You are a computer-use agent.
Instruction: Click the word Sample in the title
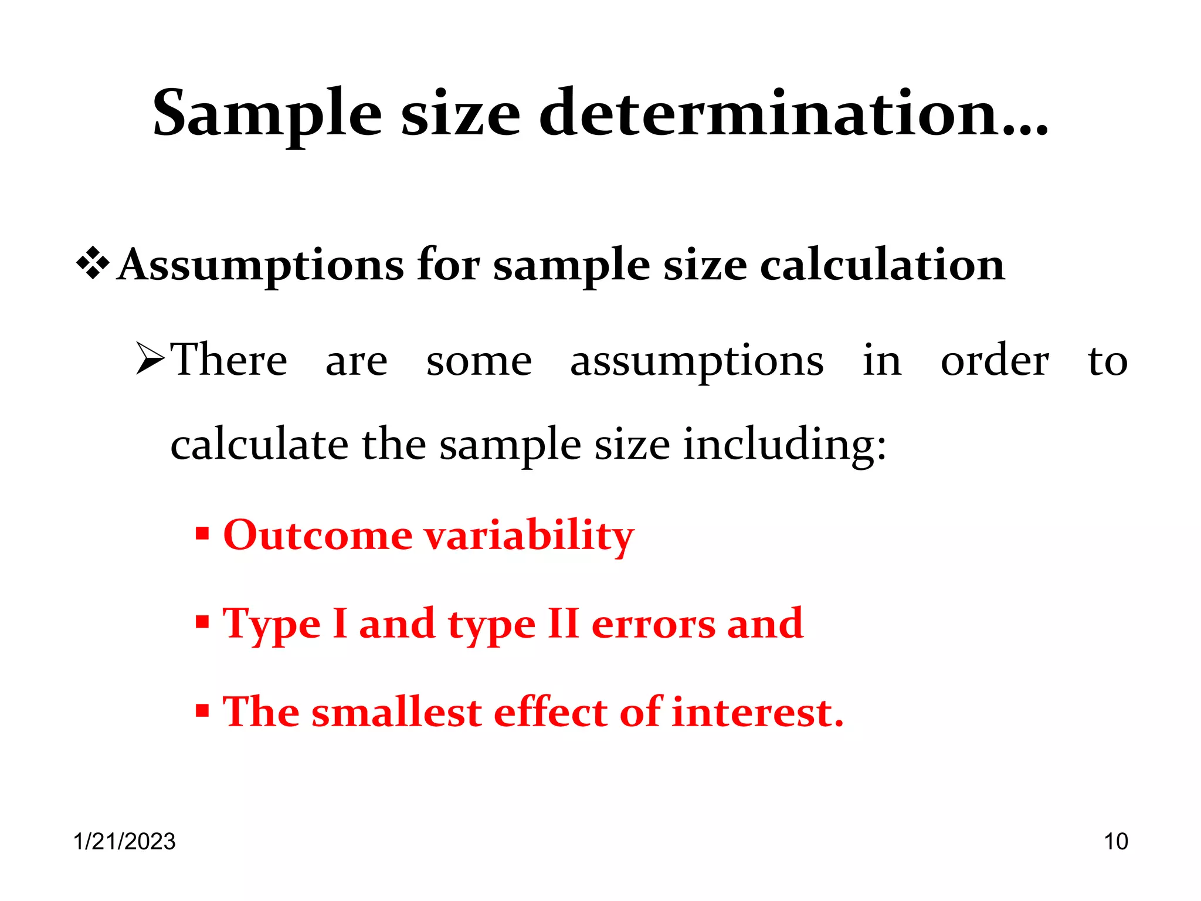267,114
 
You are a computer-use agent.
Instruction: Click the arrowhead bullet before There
150,359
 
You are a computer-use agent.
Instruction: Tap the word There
229,360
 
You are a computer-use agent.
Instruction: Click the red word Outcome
317,536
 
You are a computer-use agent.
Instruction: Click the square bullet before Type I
202,622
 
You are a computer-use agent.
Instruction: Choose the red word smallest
397,712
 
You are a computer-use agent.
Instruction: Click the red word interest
757,712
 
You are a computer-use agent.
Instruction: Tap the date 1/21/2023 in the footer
124,841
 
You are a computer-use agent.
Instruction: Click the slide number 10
1115,841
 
